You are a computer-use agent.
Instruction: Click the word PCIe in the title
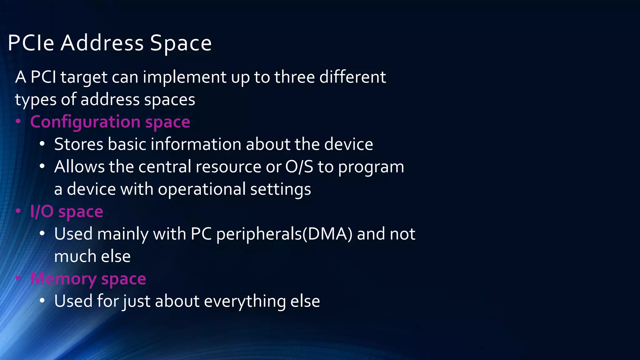pyautogui.click(x=31, y=43)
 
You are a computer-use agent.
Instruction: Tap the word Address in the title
pyautogui.click(x=102, y=43)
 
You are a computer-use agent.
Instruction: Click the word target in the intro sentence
pyautogui.click(x=84, y=77)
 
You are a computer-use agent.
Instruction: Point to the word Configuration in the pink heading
pyautogui.click(x=85, y=122)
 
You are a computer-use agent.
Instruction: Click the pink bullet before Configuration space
pyautogui.click(x=18, y=122)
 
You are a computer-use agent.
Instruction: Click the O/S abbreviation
pyautogui.click(x=299, y=167)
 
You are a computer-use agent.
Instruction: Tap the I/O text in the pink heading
pyautogui.click(x=42, y=212)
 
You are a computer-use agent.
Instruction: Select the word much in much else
pyautogui.click(x=73, y=257)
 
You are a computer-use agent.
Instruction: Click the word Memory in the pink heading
pyautogui.click(x=63, y=279)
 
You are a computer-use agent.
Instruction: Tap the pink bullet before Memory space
pyautogui.click(x=18, y=278)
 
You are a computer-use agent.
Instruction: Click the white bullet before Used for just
pyautogui.click(x=42, y=301)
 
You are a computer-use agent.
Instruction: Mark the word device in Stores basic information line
pyautogui.click(x=348, y=144)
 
